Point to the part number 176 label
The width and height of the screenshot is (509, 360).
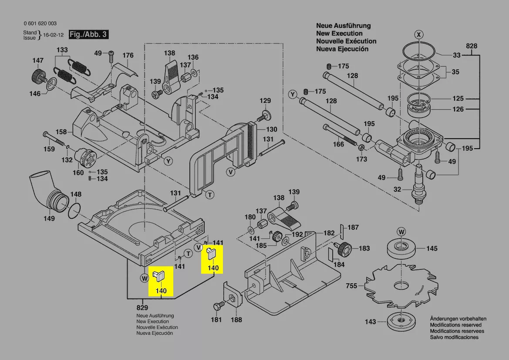128,55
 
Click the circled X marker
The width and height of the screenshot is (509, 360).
419,34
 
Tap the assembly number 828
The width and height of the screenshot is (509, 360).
472,46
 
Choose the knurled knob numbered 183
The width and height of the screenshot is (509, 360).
344,249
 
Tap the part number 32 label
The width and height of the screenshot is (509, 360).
397,190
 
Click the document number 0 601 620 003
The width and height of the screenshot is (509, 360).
40,24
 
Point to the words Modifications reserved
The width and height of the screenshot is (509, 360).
455,325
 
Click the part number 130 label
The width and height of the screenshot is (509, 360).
271,129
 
